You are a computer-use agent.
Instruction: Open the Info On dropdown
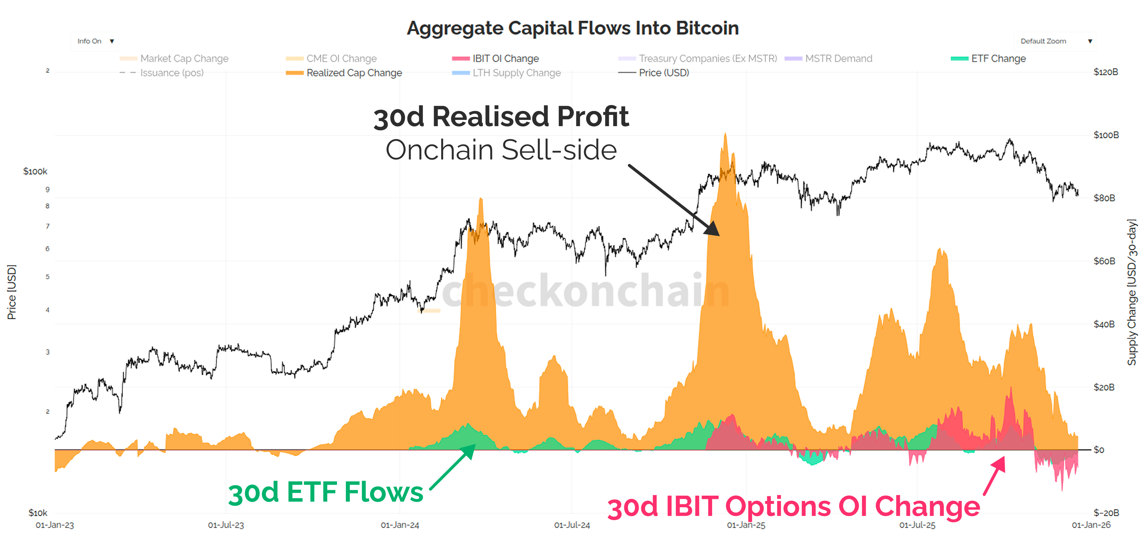click(94, 41)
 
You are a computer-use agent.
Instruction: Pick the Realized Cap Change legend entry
click(354, 73)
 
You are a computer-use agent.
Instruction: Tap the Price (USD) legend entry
click(663, 73)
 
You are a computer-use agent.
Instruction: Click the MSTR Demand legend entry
click(838, 59)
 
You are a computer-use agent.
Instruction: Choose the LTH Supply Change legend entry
click(516, 73)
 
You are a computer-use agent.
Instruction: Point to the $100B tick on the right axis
click(1106, 135)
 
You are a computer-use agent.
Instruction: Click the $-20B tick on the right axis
click(1106, 513)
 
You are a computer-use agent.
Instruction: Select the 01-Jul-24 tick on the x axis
click(572, 525)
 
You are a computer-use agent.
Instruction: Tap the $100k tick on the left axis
click(35, 171)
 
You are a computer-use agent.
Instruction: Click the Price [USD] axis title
click(12, 292)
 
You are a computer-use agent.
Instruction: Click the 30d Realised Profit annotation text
click(501, 117)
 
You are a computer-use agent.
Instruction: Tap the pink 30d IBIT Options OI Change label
click(794, 507)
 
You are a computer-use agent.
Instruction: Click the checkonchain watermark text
click(585, 290)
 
